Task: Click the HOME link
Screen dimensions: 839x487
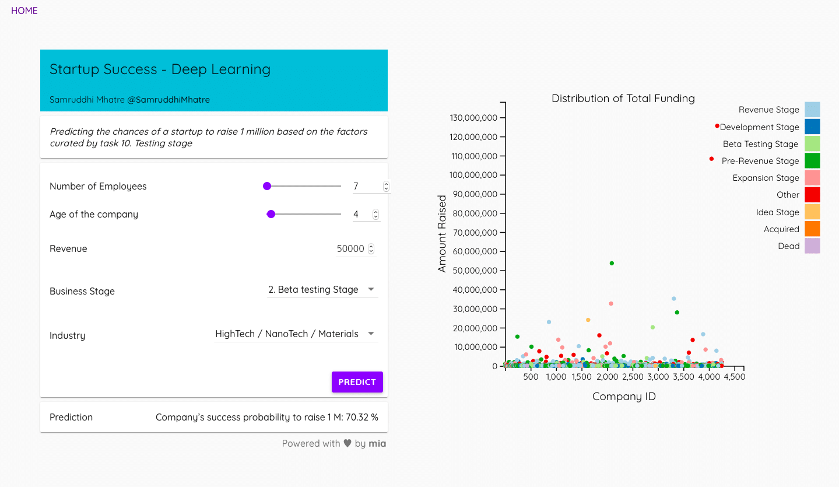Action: click(24, 10)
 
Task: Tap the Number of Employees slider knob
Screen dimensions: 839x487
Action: click(267, 186)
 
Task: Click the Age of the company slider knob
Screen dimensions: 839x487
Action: click(271, 214)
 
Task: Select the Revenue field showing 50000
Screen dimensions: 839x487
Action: click(350, 248)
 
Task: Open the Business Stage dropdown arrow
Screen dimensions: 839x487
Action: click(371, 289)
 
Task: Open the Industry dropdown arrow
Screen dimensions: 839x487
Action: click(371, 334)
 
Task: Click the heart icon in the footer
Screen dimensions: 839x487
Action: click(347, 443)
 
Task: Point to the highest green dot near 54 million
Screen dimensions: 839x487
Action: click(612, 264)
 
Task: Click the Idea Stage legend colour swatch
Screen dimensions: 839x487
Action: click(812, 212)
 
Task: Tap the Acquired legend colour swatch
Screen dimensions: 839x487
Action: click(812, 229)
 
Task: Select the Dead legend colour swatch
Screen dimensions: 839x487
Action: click(812, 246)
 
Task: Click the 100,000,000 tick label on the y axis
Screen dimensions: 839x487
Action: click(473, 175)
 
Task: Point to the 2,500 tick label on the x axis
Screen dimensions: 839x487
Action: click(633, 377)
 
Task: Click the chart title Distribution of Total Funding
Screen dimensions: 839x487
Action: click(623, 98)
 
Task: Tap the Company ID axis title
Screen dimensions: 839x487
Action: click(624, 397)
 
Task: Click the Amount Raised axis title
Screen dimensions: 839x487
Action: click(442, 233)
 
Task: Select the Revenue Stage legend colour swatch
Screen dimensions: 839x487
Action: click(812, 110)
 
